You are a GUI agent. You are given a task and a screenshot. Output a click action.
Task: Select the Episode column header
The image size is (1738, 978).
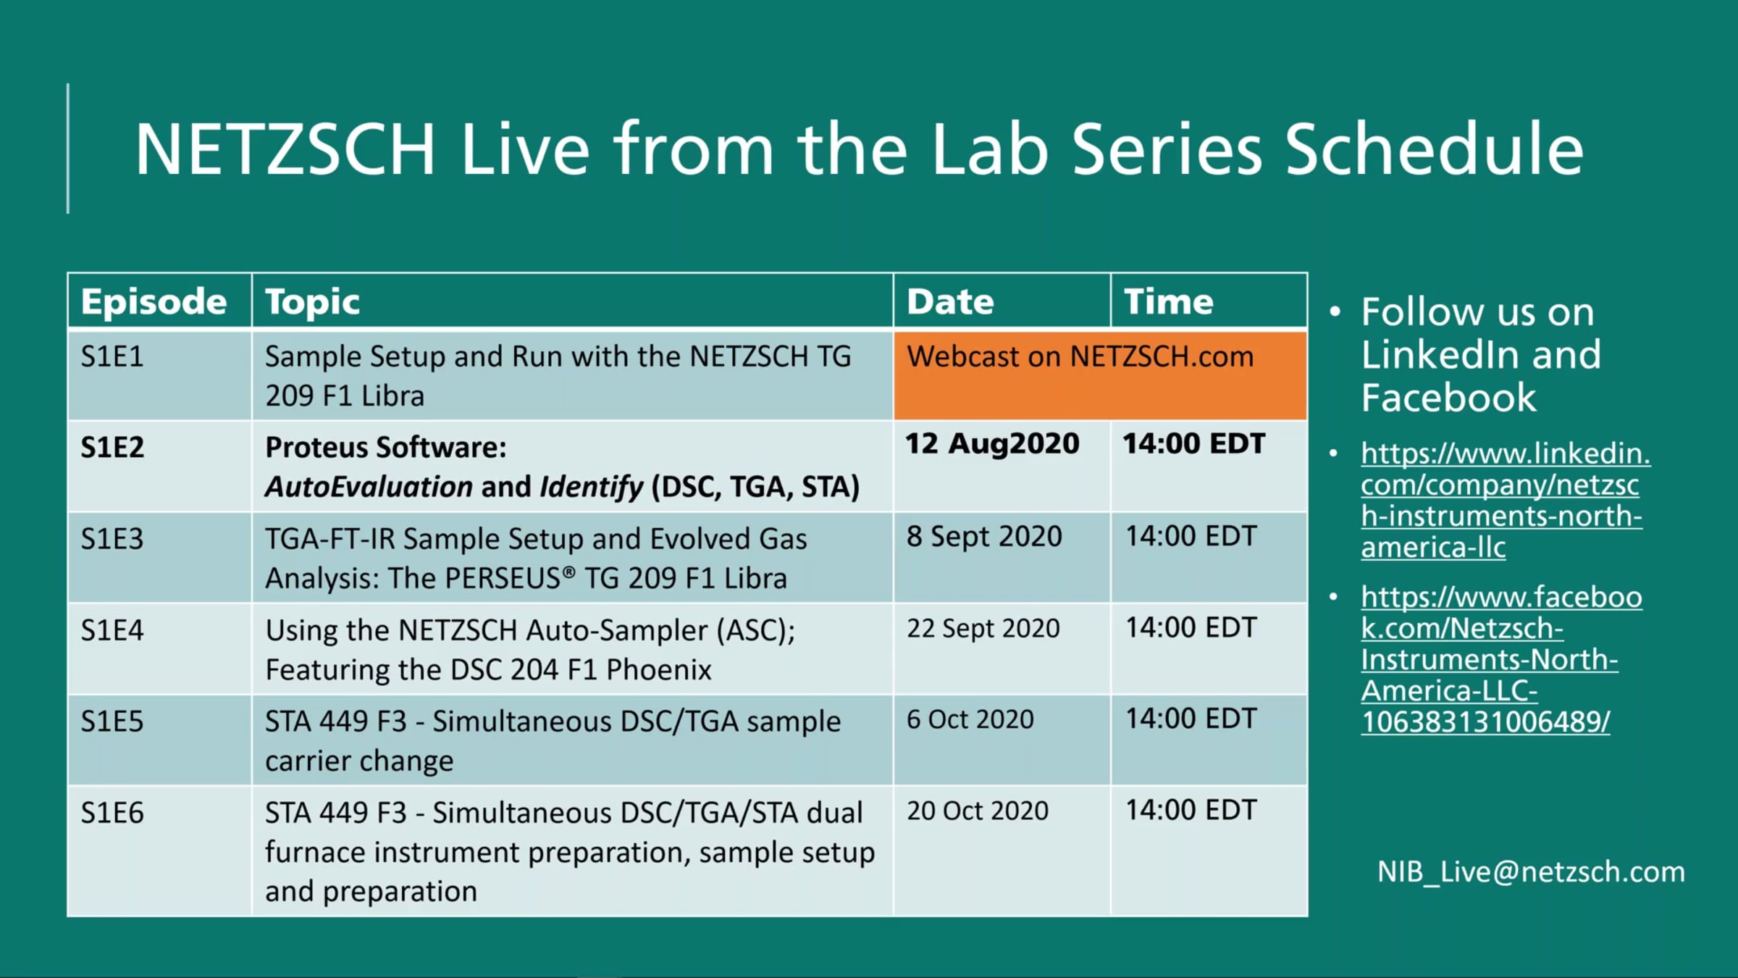click(154, 301)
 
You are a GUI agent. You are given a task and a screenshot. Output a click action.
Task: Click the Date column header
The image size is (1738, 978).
click(950, 301)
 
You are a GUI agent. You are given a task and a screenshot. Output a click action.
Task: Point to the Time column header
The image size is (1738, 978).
click(1168, 301)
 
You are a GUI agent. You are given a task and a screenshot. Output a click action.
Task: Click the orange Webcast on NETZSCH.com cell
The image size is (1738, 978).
click(1100, 375)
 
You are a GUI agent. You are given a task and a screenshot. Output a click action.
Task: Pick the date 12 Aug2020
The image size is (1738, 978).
click(992, 443)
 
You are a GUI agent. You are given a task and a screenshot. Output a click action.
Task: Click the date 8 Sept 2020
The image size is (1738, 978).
click(984, 536)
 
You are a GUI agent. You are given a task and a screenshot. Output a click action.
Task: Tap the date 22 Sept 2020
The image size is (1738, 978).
click(983, 628)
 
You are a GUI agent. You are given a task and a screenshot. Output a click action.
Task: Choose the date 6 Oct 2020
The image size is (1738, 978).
click(970, 719)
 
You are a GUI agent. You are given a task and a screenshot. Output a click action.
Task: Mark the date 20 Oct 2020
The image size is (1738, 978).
click(977, 811)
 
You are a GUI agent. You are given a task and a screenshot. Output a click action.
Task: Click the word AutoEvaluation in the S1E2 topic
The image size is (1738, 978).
click(369, 487)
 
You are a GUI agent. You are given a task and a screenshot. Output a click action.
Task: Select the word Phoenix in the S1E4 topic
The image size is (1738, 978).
click(659, 669)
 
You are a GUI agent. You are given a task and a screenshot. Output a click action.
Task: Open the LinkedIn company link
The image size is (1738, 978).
click(1505, 500)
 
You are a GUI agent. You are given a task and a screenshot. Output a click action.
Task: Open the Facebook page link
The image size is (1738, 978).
click(1500, 659)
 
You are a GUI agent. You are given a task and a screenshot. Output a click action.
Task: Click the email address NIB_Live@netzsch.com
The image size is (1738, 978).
click(1531, 872)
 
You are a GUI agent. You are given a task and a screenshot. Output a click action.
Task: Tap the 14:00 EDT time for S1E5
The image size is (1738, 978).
click(1191, 719)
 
